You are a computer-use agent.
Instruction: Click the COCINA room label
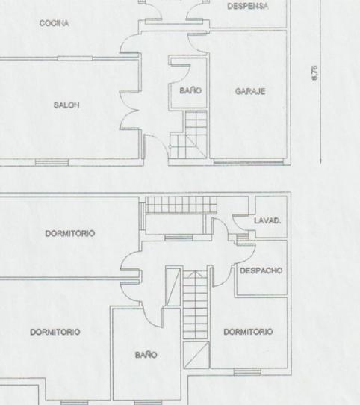click(x=55, y=23)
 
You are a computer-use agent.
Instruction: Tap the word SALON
click(x=66, y=105)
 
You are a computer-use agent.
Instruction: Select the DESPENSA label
click(x=248, y=6)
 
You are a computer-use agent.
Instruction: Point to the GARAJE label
click(x=250, y=91)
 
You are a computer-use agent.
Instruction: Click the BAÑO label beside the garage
click(x=190, y=90)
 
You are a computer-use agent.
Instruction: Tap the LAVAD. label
click(x=267, y=221)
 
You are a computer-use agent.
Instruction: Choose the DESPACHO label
click(x=261, y=270)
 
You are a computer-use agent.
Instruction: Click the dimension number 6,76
click(x=314, y=72)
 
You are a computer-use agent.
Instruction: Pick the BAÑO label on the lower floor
click(x=146, y=355)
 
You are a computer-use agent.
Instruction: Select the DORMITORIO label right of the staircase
click(x=248, y=332)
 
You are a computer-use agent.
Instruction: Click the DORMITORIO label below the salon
click(x=70, y=233)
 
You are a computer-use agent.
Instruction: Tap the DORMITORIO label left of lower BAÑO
click(x=55, y=332)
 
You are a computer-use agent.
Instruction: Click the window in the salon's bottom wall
click(x=52, y=162)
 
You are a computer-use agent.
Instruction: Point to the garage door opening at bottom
click(x=249, y=161)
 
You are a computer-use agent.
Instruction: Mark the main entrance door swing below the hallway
click(x=157, y=146)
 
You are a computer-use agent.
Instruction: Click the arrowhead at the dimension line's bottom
click(x=320, y=161)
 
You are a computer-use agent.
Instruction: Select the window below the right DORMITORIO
click(x=247, y=372)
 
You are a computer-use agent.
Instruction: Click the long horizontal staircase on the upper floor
click(x=181, y=205)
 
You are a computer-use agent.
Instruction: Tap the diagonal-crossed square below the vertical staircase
click(x=196, y=355)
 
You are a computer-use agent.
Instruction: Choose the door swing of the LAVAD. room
click(x=240, y=223)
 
